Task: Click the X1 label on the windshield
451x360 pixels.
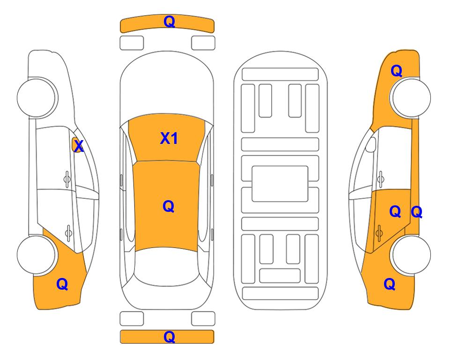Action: [x=169, y=138]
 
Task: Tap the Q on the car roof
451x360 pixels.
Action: [x=169, y=207]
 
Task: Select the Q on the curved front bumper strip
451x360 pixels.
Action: [x=170, y=22]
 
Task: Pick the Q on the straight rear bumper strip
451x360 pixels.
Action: [x=170, y=337]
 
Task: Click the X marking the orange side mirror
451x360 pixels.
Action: [x=78, y=146]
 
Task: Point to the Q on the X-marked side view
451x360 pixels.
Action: [x=62, y=284]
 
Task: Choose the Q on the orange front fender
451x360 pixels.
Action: [x=396, y=71]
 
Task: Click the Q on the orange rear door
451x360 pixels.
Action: [x=395, y=212]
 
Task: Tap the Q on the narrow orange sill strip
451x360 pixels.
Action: [x=416, y=212]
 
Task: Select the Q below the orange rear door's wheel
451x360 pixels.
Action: [x=390, y=284]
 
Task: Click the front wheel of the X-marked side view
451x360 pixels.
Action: [x=37, y=97]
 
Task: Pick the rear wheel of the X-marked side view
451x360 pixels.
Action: [x=37, y=255]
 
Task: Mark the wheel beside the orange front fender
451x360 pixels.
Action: [x=411, y=97]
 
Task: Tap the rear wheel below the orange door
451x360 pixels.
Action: [x=411, y=255]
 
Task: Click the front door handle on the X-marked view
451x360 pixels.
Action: [x=67, y=179]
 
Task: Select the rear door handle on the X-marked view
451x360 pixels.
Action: [x=68, y=232]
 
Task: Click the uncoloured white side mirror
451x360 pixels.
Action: [x=371, y=144]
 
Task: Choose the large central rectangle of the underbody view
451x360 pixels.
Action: [x=280, y=184]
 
